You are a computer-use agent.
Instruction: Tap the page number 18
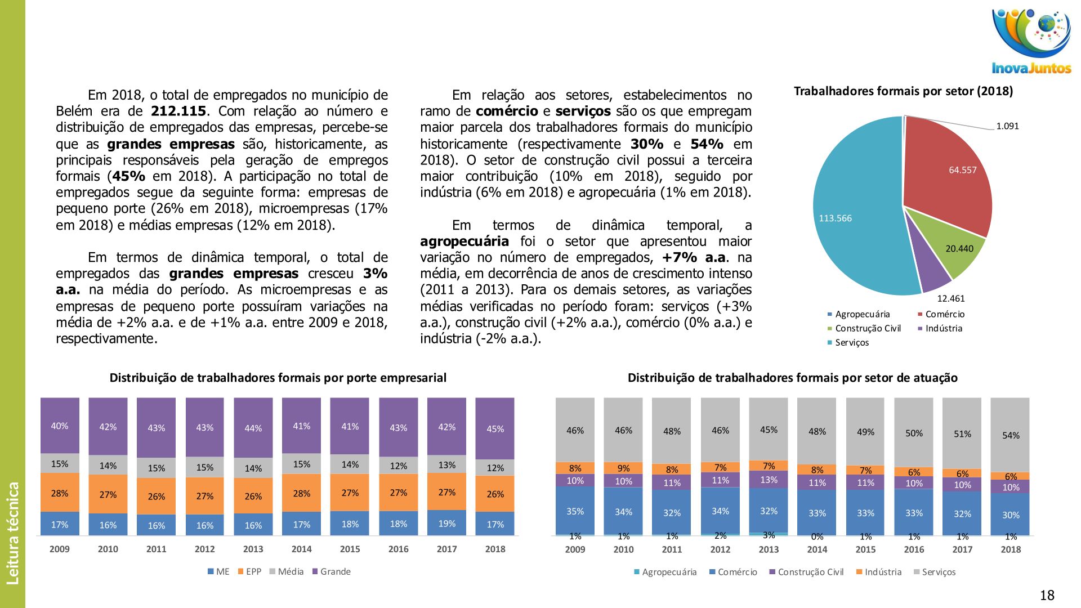pos(1047,595)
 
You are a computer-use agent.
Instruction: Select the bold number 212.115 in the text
pos(178,111)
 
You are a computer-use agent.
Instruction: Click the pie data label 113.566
pos(835,218)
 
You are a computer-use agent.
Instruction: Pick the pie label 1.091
pos(1007,126)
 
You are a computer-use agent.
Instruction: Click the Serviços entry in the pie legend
pos(851,343)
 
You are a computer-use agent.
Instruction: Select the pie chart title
pos(903,91)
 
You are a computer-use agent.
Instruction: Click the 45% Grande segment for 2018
pos(495,428)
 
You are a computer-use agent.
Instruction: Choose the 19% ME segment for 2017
pos(446,523)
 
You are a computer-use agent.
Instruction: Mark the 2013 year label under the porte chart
pos(253,549)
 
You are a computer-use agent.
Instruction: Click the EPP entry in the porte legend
pos(253,572)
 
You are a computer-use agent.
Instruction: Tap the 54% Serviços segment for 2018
pos(1010,435)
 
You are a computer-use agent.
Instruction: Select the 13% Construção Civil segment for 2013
pos(769,480)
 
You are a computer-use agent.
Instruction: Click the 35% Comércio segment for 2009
pos(575,511)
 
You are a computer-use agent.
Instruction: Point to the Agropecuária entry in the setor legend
pos(669,572)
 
